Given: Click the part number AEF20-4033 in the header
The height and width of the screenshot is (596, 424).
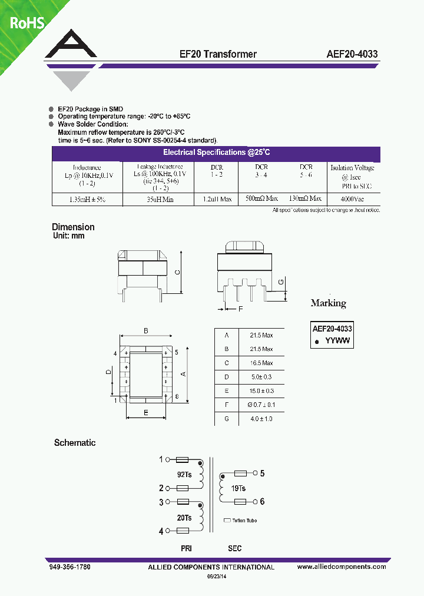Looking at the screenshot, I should pos(352,54).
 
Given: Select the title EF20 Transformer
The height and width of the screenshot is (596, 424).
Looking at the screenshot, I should pos(218,54).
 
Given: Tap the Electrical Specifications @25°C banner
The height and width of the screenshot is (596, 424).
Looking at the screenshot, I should pos(216,153).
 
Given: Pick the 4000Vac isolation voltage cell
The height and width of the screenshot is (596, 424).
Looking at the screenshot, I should pos(352,199).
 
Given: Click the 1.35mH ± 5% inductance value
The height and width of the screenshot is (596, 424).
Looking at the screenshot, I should pos(87,200).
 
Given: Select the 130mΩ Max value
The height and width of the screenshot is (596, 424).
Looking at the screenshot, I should pos(306,199).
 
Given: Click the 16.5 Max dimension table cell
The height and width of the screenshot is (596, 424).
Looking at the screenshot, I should pos(261,363).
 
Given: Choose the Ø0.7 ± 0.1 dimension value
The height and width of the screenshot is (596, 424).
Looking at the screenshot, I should pos(261,405).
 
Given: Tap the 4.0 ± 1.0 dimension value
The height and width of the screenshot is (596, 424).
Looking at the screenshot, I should pos(261,419).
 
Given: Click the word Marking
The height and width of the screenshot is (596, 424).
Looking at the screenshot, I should pos(328,303).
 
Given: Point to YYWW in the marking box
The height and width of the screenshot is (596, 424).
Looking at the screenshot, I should pos(338,341).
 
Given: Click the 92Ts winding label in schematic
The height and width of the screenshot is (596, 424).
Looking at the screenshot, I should pos(184,474).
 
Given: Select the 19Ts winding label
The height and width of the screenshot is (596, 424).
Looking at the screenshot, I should pos(238,488).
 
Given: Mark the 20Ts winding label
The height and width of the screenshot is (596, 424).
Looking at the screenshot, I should pos(184,517).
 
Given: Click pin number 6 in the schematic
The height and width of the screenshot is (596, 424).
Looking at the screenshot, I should pos(263,502).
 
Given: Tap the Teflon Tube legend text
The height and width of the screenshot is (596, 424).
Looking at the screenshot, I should pos(244,521).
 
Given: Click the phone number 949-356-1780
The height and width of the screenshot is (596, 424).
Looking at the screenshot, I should pos(69,567).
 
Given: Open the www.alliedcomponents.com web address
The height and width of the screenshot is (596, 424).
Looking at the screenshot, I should pos(342,567).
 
